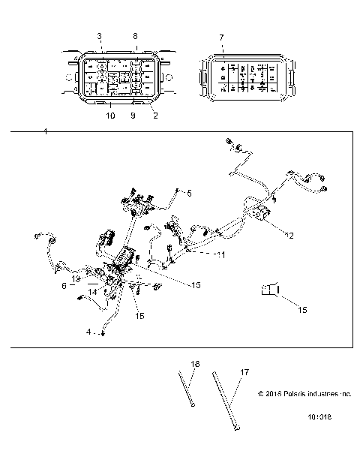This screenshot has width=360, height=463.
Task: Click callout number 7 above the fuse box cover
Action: (220, 36)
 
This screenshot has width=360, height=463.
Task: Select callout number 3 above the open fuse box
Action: (99, 36)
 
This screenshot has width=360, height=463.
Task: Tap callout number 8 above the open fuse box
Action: (135, 35)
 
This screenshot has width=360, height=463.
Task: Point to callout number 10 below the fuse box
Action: (109, 116)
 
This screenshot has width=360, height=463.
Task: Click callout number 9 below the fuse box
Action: (133, 116)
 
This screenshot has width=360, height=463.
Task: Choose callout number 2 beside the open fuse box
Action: (155, 116)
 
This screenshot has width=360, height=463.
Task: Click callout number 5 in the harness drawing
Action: (189, 194)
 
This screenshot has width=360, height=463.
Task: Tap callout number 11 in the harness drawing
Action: (220, 255)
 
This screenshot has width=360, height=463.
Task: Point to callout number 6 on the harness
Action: (64, 286)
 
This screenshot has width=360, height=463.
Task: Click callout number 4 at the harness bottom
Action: (89, 331)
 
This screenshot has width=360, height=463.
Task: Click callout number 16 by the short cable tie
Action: (195, 365)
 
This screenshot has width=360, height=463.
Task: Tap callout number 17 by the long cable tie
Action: (244, 371)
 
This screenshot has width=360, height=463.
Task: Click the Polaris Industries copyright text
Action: (304, 392)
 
